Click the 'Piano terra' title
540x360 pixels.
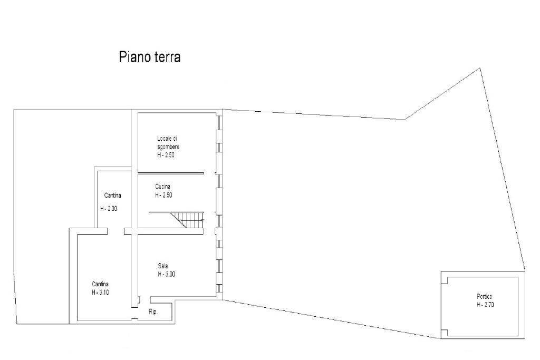point(149,57)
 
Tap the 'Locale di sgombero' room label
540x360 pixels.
point(168,142)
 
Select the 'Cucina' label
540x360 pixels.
point(162,187)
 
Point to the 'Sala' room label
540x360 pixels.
point(163,266)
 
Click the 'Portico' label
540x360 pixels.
point(485,296)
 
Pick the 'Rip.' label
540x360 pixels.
point(153,312)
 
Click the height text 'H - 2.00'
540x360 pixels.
point(109,208)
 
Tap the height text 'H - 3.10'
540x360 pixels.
point(100,293)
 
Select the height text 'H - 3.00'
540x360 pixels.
point(166,274)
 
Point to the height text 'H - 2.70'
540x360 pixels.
point(485,305)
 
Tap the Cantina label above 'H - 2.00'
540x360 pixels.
point(113,196)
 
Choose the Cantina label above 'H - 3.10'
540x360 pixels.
point(100,284)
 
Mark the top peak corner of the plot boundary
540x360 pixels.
point(480,69)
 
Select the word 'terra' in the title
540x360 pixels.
point(166,57)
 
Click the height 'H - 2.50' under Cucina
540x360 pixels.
point(163,195)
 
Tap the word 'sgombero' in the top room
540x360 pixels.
point(168,147)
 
